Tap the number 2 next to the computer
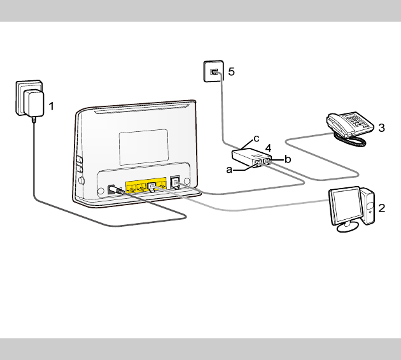click(x=381, y=208)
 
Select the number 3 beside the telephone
click(x=381, y=128)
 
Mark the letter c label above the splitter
click(x=257, y=138)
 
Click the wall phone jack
click(x=213, y=71)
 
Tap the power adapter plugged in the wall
click(x=32, y=103)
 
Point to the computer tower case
click(x=369, y=205)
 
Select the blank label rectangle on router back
click(x=143, y=145)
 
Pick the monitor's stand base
click(x=348, y=226)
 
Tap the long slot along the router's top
click(x=142, y=115)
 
